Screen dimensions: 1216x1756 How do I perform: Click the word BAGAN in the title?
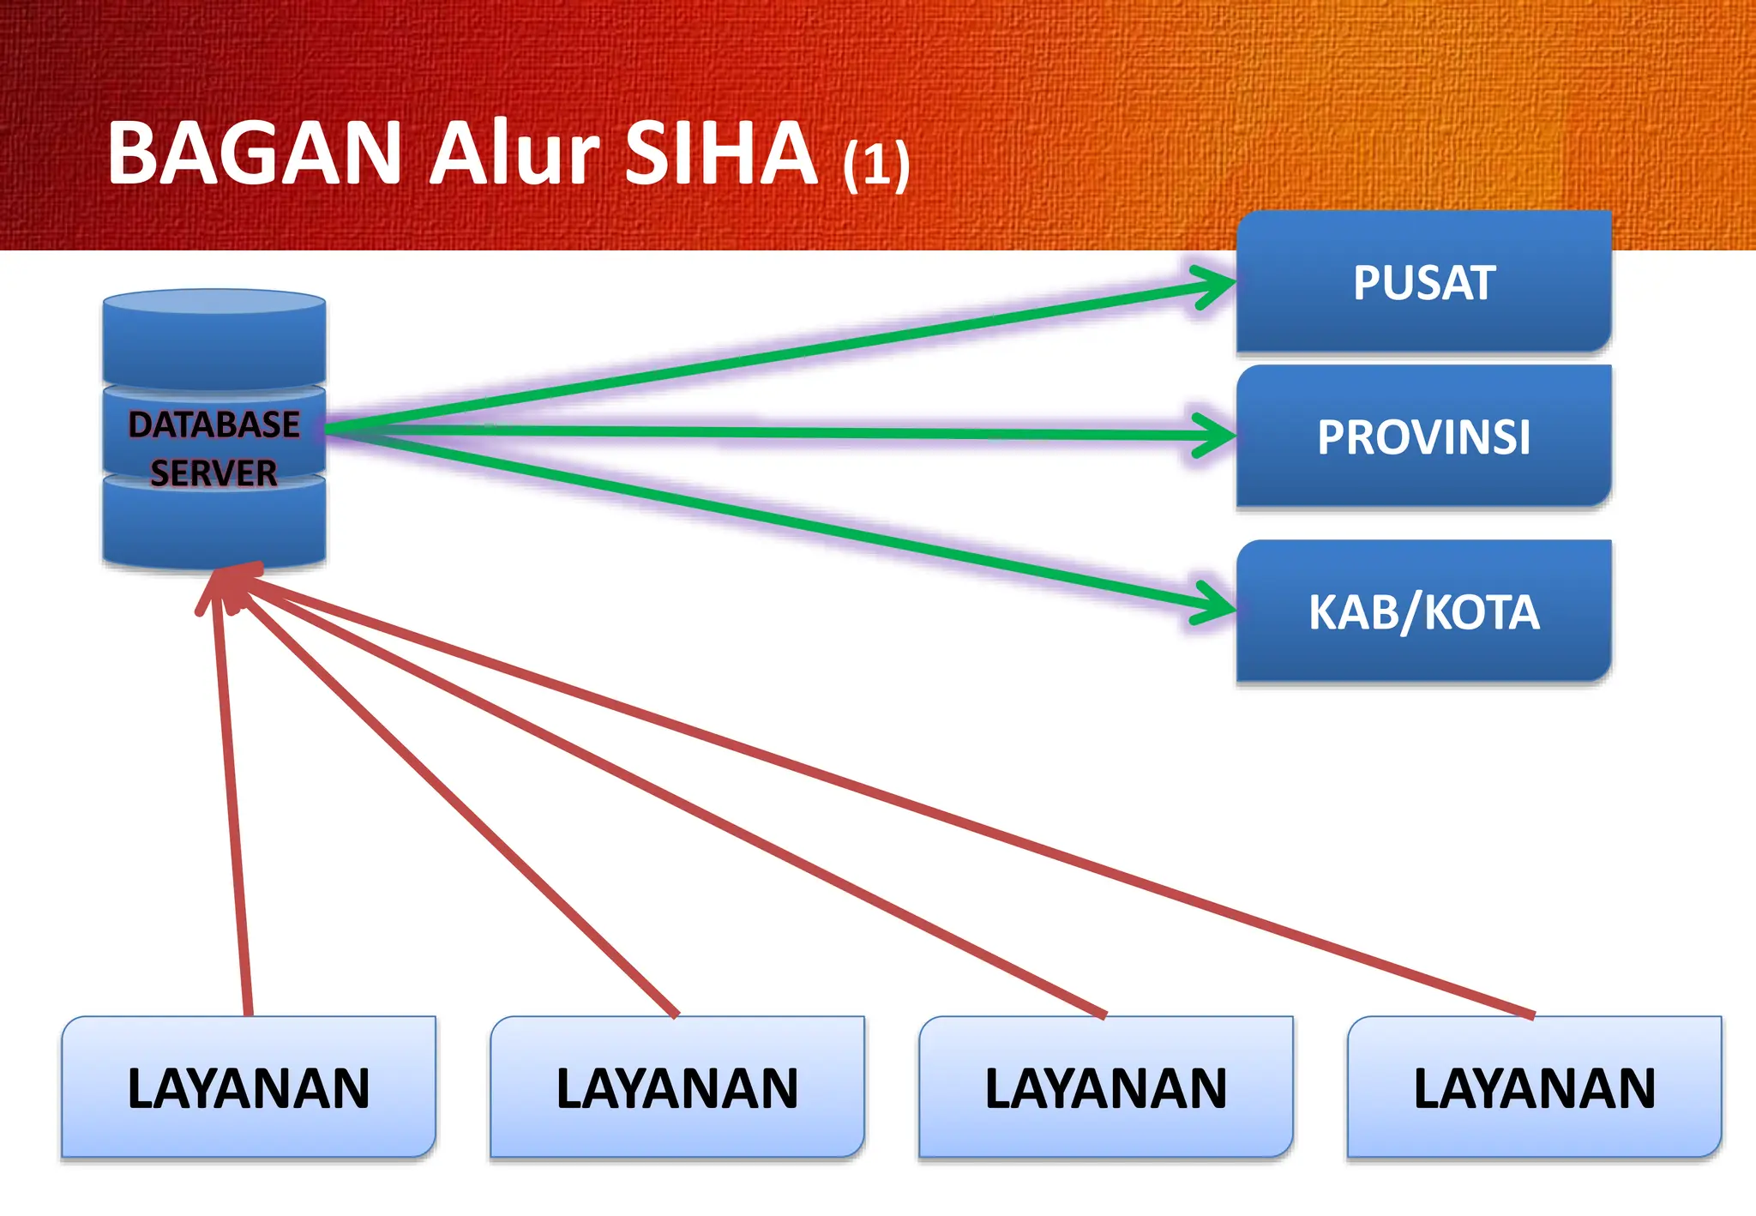pos(255,154)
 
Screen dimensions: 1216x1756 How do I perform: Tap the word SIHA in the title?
pos(721,154)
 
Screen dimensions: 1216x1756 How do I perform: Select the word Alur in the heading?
pos(514,154)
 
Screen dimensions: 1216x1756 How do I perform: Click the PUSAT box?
pos(1423,282)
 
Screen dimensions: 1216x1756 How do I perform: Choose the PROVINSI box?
pos(1423,436)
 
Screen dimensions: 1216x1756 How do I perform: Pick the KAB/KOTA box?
pos(1423,611)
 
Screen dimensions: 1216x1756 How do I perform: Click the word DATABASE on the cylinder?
pos(214,424)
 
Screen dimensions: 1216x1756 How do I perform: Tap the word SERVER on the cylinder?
pos(214,473)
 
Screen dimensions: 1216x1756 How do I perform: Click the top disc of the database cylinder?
pos(214,340)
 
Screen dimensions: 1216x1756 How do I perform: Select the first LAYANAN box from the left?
pos(249,1087)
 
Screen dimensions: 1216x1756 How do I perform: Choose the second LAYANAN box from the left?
pos(677,1087)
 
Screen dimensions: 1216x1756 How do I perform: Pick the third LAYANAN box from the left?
pos(1106,1087)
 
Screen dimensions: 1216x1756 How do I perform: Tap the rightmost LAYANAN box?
pos(1535,1087)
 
